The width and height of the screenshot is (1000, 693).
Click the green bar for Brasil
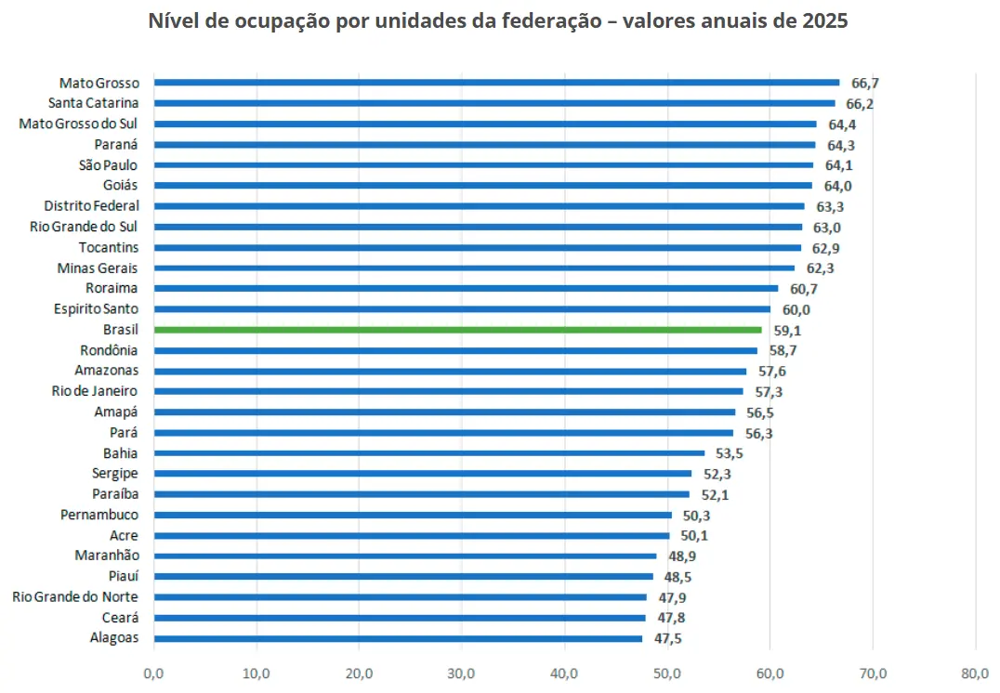[457, 330]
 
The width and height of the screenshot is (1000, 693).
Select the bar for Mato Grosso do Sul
[485, 124]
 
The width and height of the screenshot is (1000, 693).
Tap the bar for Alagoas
[398, 638]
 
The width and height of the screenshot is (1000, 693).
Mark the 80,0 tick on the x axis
[975, 673]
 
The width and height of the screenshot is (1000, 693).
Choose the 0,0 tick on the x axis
[153, 673]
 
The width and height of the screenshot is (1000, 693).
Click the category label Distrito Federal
[91, 206]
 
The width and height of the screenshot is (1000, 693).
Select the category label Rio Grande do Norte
[75, 597]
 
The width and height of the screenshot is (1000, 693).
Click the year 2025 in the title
[822, 20]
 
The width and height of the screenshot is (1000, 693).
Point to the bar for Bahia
[429, 453]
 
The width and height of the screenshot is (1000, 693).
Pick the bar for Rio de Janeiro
[448, 391]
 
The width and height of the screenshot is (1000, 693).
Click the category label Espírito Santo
[96, 309]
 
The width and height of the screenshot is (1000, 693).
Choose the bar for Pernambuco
[413, 515]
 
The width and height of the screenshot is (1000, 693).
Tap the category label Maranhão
[107, 556]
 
